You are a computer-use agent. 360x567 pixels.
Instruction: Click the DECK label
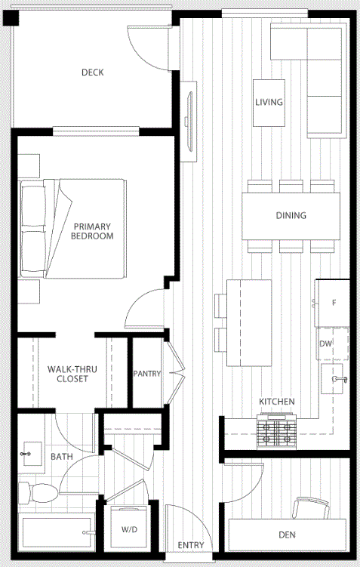point(93,72)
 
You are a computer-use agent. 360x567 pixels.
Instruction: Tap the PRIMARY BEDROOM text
point(92,232)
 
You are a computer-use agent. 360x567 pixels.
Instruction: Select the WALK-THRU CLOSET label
point(72,374)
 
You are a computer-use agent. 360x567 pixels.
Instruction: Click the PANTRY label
point(146,374)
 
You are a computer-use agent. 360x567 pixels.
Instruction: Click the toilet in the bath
point(38,493)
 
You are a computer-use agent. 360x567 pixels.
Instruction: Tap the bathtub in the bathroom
point(57,532)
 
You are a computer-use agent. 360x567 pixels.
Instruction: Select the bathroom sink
point(32,454)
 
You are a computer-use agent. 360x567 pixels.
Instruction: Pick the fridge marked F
point(332,303)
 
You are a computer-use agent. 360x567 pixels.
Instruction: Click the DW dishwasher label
point(326,344)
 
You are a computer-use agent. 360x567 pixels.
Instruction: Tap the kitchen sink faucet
point(340,378)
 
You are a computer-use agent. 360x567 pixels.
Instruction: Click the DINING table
point(291,216)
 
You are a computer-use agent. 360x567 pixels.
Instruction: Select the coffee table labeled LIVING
point(269,103)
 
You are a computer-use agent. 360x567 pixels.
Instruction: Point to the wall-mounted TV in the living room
point(189,121)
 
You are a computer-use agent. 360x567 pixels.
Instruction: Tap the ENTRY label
point(191,545)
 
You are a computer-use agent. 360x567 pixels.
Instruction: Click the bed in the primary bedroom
point(72,229)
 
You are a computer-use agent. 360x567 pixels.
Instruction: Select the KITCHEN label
point(277,402)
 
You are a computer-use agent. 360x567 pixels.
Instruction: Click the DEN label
point(288,535)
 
